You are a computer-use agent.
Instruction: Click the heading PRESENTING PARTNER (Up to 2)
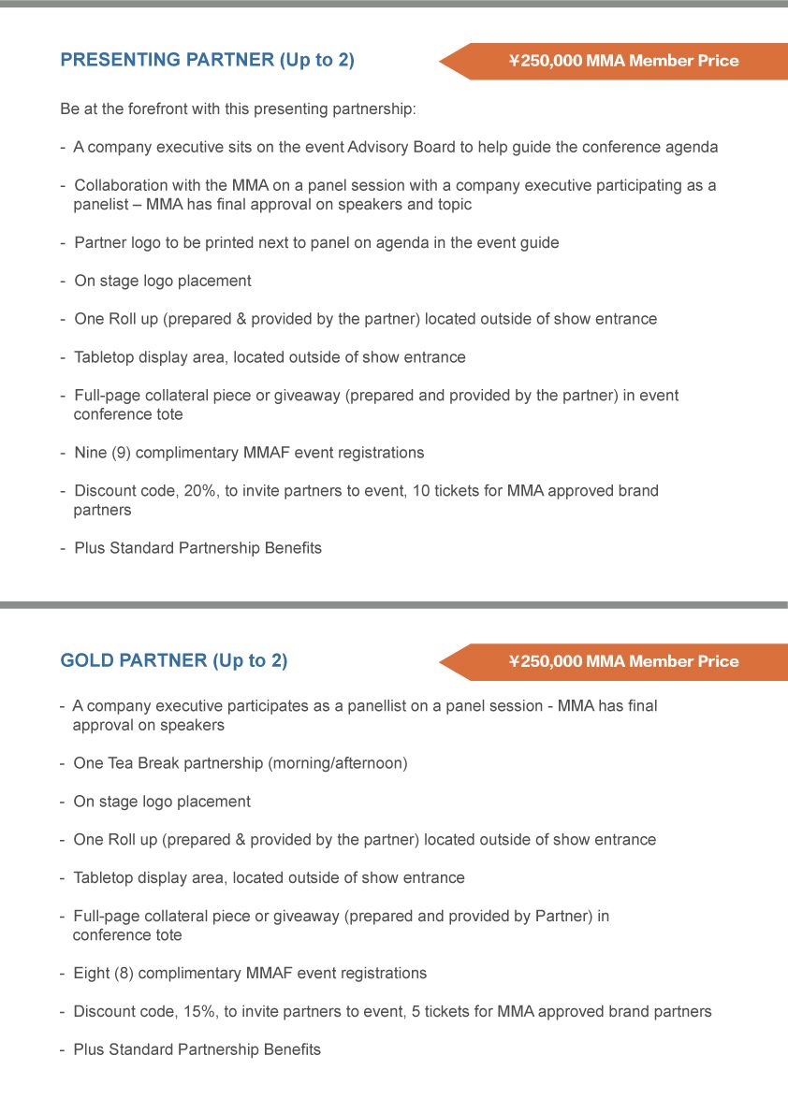click(x=207, y=61)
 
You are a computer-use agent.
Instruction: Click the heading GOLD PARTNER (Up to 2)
click(x=173, y=661)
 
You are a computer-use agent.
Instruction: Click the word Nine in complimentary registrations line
click(x=92, y=453)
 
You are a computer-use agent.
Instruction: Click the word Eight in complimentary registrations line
click(x=92, y=974)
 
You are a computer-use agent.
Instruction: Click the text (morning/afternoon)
click(x=338, y=763)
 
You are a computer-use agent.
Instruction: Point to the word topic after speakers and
click(x=453, y=205)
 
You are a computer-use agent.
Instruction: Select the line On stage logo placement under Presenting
click(x=163, y=281)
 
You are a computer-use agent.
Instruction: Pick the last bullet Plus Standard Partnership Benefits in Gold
click(x=197, y=1049)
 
